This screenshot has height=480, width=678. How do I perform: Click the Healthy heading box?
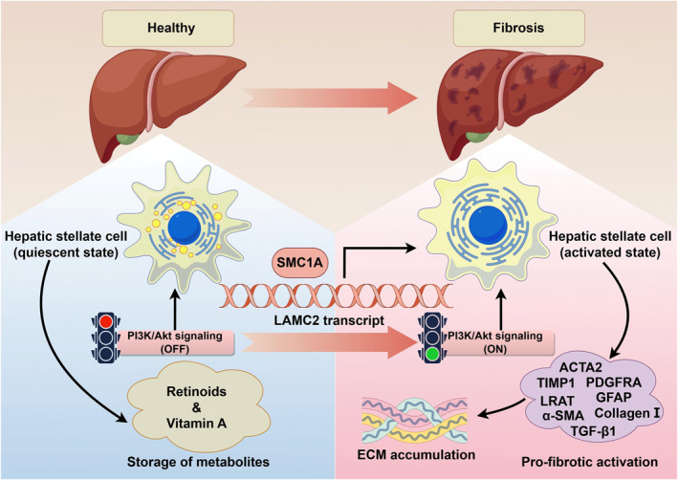pos(167,28)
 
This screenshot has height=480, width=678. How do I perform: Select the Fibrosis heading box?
pos(518,28)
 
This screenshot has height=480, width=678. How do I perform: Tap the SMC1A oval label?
pos(299,262)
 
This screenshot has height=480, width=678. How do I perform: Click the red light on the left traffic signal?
pos(106,321)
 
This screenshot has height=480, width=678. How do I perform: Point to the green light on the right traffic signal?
pos(432,354)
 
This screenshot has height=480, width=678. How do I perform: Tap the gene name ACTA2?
pos(580,367)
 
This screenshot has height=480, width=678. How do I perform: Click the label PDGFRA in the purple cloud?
pos(614,382)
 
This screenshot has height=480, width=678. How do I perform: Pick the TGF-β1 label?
pos(593,431)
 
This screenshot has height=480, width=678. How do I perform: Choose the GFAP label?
pos(614,397)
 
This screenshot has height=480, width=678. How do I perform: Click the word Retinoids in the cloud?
pos(196,391)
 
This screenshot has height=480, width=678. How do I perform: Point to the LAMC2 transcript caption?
pos(329,320)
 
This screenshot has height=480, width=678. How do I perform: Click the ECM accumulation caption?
pos(416,454)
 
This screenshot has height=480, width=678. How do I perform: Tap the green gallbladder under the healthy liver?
pos(127,140)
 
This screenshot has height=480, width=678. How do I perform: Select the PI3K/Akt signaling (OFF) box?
pos(175,342)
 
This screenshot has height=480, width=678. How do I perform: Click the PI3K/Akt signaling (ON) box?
pos(495,342)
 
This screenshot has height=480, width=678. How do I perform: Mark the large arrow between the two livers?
pos(330,98)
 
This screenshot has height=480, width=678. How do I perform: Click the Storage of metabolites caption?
pos(198,462)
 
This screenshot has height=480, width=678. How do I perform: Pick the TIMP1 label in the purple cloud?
pos(556,383)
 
